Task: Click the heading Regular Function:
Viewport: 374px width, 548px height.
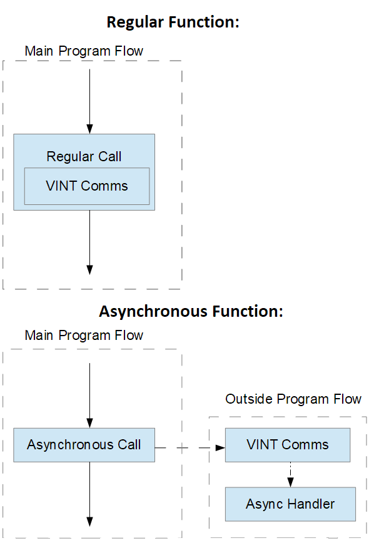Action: click(x=173, y=22)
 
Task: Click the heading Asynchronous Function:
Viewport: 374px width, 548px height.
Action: click(x=191, y=311)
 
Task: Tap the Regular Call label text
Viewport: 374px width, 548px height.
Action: click(x=84, y=157)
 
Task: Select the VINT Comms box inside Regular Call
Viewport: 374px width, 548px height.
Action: click(x=87, y=186)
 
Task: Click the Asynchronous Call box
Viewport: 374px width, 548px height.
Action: click(x=84, y=445)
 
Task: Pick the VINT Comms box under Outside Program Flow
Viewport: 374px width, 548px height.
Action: click(x=288, y=445)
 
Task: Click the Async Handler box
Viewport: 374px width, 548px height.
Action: click(x=290, y=504)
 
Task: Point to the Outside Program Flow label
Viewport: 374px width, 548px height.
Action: click(x=293, y=399)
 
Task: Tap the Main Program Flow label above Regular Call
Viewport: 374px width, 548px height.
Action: click(x=84, y=51)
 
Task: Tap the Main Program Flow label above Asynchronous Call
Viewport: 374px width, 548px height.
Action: click(x=84, y=336)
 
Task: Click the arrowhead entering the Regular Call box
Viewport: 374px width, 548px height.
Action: click(x=89, y=129)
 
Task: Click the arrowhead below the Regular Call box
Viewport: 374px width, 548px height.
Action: click(x=89, y=270)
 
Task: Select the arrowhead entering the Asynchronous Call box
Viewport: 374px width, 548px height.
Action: click(x=89, y=423)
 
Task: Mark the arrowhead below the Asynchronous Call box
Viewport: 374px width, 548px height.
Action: click(x=89, y=521)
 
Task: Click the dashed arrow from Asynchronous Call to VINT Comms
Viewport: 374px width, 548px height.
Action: click(x=190, y=447)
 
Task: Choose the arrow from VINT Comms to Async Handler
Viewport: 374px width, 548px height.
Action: click(x=290, y=475)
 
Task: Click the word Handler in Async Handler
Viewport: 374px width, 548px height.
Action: click(x=311, y=504)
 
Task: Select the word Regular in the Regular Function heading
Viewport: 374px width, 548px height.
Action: click(x=135, y=22)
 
